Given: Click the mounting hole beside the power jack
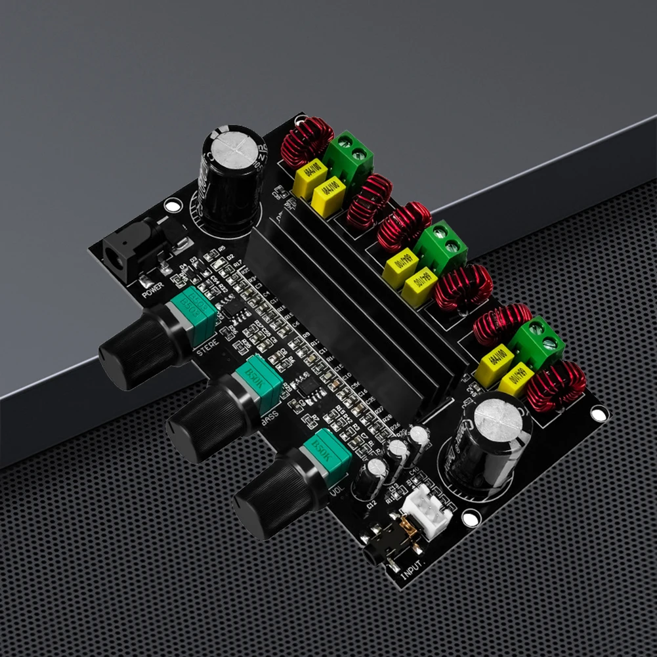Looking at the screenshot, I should (x=173, y=207).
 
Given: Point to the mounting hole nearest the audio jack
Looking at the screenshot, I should (x=469, y=519).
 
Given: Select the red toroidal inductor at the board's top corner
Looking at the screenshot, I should (x=304, y=141).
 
